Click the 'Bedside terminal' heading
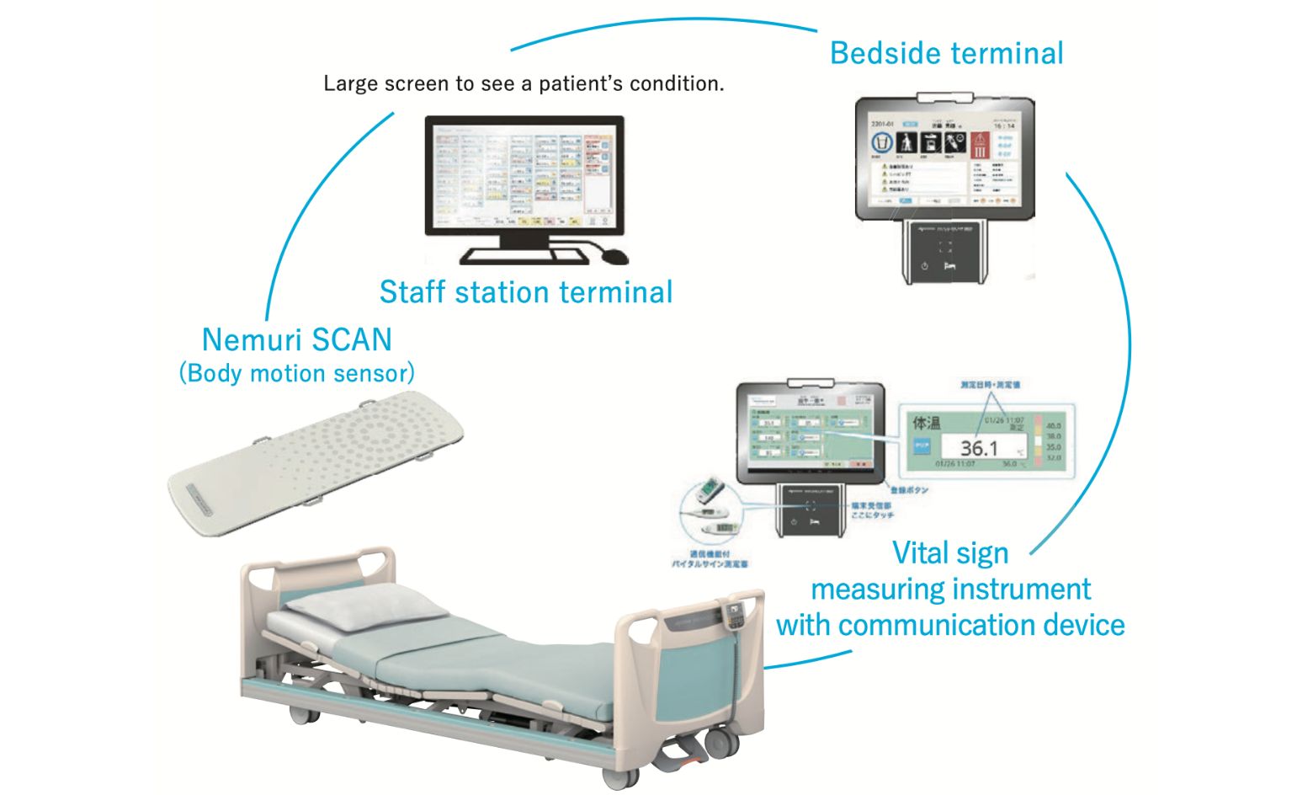coord(946,53)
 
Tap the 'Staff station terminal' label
coord(526,292)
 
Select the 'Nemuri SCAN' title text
coord(297,339)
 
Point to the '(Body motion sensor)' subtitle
coord(297,373)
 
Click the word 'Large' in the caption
coord(350,84)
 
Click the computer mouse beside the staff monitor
coord(614,254)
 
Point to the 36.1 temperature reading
coord(978,448)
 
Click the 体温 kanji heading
coord(927,423)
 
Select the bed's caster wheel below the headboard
coord(300,715)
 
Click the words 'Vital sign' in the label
coord(949,553)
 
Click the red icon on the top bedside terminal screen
coord(980,145)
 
